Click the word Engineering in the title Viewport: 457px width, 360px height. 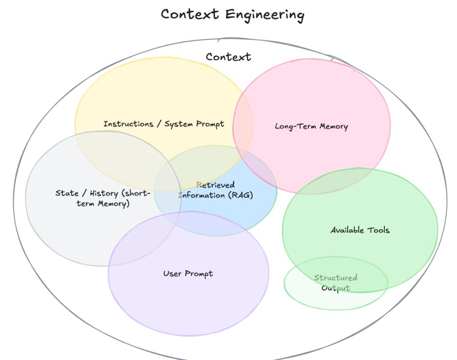265,15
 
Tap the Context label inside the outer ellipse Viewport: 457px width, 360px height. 228,57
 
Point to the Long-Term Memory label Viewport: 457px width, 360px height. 311,126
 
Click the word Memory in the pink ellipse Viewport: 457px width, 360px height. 333,126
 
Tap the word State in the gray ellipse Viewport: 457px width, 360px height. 67,193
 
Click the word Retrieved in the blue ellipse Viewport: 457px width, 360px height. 215,185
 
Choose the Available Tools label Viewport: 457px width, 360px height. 360,230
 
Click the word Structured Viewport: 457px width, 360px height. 336,278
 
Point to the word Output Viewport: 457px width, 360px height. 336,288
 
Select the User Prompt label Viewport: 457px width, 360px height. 188,274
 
